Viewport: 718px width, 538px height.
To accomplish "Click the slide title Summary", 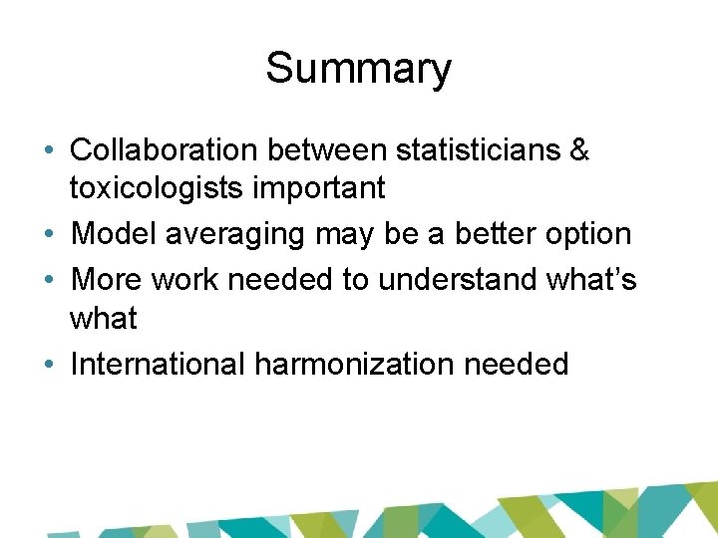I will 358,69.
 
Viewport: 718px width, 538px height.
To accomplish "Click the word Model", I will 114,234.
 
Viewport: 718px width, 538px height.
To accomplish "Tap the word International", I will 158,364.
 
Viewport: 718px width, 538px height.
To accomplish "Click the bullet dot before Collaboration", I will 49,151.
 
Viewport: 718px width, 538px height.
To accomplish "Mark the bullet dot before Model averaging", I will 49,235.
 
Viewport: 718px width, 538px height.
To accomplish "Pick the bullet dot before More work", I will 49,281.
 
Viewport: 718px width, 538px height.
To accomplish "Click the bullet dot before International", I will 49,365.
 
